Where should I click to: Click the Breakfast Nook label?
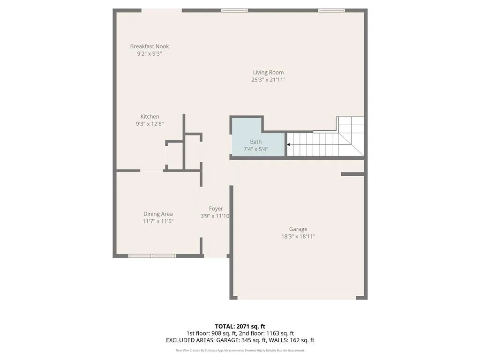pyautogui.click(x=150, y=46)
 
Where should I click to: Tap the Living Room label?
pyautogui.click(x=268, y=72)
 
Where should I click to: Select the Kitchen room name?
pyautogui.click(x=150, y=117)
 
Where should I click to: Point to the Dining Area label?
pyautogui.click(x=158, y=214)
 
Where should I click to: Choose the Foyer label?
pyautogui.click(x=216, y=209)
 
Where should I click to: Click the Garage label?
pyautogui.click(x=298, y=229)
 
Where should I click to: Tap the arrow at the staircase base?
pyautogui.click(x=289, y=145)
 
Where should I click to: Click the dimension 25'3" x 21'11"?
pyautogui.click(x=268, y=80)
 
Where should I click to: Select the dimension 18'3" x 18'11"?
pyautogui.click(x=298, y=237)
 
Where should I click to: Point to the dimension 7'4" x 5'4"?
pyautogui.click(x=256, y=150)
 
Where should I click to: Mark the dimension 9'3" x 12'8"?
pyautogui.click(x=150, y=124)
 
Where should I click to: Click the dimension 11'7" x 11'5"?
pyautogui.click(x=158, y=221)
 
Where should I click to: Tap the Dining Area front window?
pyautogui.click(x=152, y=256)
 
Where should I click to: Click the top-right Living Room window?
pyautogui.click(x=331, y=10)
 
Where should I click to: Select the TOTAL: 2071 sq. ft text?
pyautogui.click(x=240, y=326)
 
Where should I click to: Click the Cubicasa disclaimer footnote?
pyautogui.click(x=240, y=350)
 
